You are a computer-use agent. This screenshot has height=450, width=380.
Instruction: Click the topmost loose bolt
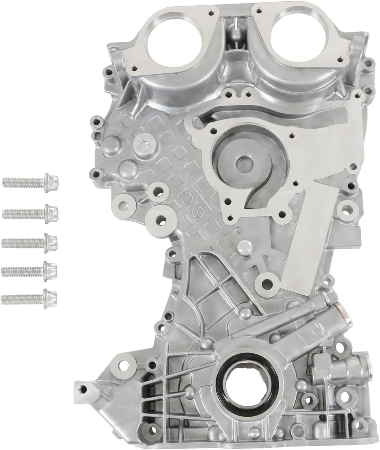point(30,182)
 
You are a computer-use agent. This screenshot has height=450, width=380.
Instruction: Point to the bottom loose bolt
point(30,296)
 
